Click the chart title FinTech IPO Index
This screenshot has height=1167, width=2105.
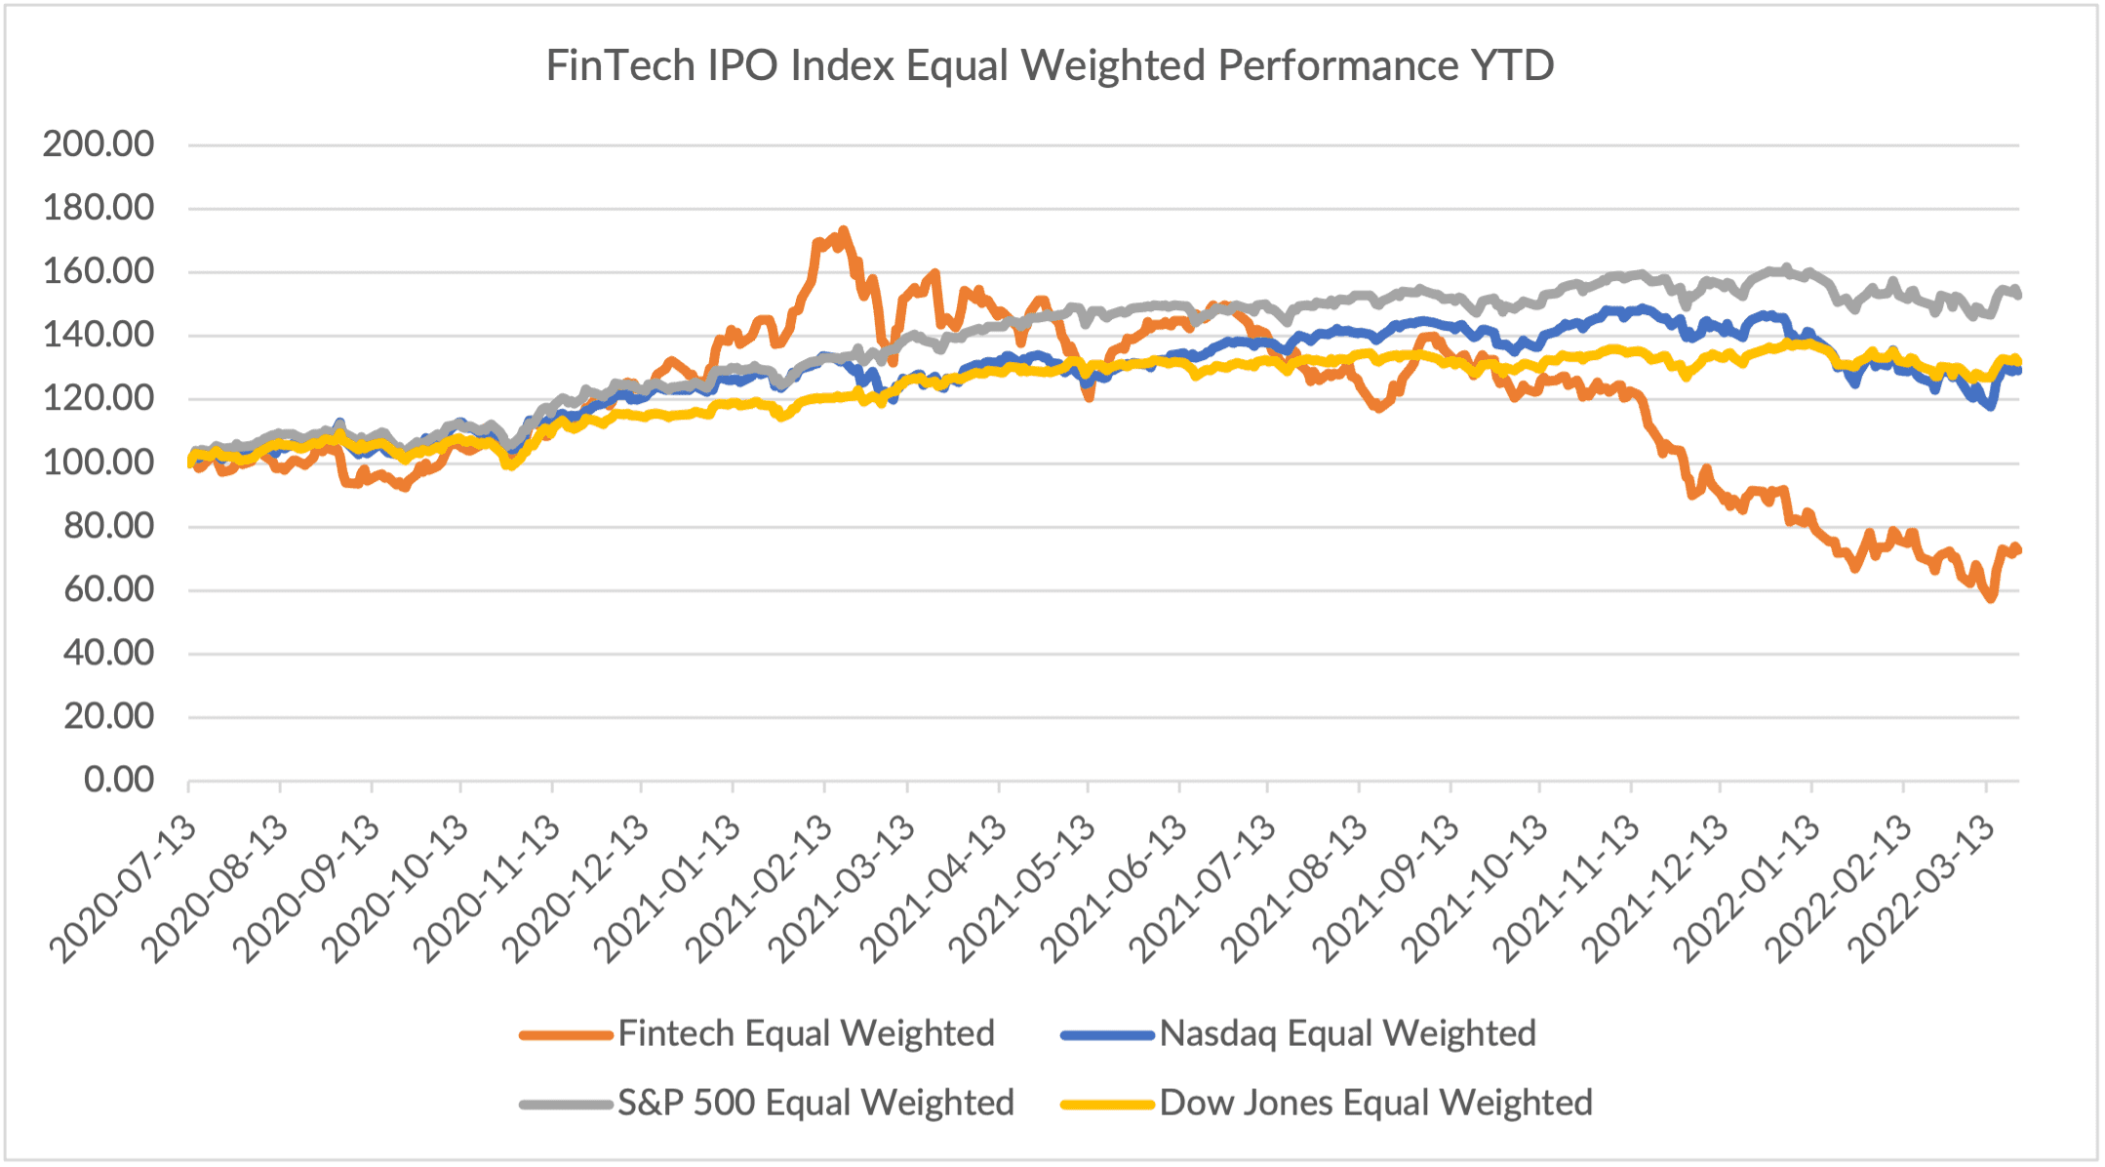(1049, 66)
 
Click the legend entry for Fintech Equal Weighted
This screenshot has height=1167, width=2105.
(806, 1033)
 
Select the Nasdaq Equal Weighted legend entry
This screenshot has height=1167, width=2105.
(1347, 1033)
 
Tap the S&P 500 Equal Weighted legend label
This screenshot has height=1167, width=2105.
(815, 1103)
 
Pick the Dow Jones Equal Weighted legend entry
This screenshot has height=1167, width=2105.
(1375, 1103)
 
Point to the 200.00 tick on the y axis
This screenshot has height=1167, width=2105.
(99, 144)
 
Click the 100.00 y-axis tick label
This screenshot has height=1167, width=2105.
(99, 463)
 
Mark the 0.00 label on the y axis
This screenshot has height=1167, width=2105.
(119, 780)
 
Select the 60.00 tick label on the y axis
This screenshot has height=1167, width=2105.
(109, 589)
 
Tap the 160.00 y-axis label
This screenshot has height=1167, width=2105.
(99, 271)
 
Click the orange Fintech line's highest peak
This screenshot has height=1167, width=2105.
(843, 230)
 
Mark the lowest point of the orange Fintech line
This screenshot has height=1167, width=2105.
(1991, 598)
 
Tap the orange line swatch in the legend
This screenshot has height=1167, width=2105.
(566, 1034)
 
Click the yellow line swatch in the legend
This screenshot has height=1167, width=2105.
(1107, 1104)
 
